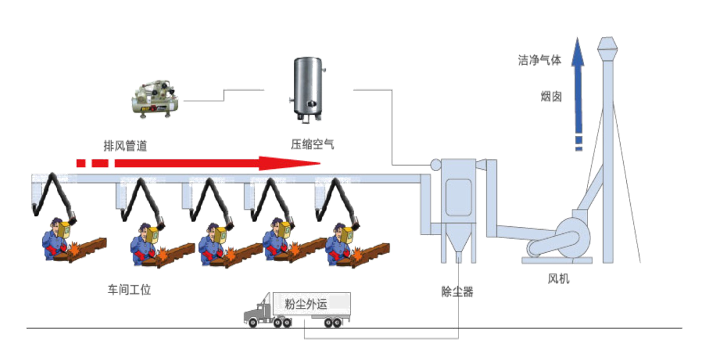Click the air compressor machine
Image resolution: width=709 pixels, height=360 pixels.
pyautogui.click(x=155, y=98)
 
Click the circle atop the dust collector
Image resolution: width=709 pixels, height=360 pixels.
pyautogui.click(x=436, y=164)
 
